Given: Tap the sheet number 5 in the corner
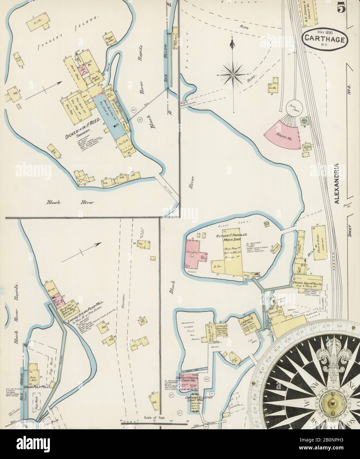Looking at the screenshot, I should pyautogui.click(x=342, y=9).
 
